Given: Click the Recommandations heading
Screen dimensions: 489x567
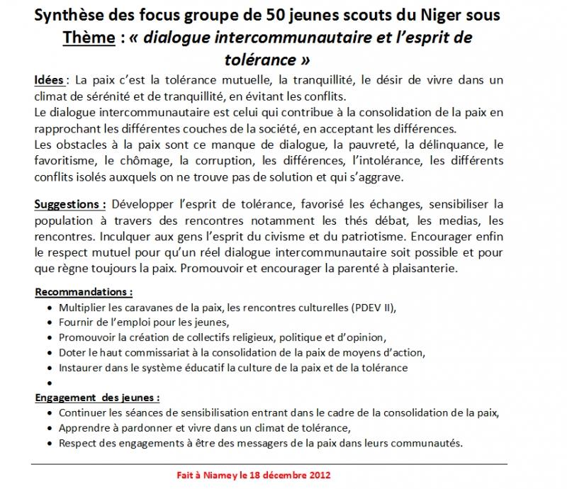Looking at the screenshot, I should click(84, 291).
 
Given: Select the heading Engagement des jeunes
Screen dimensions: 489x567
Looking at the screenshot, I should click(97, 398).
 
